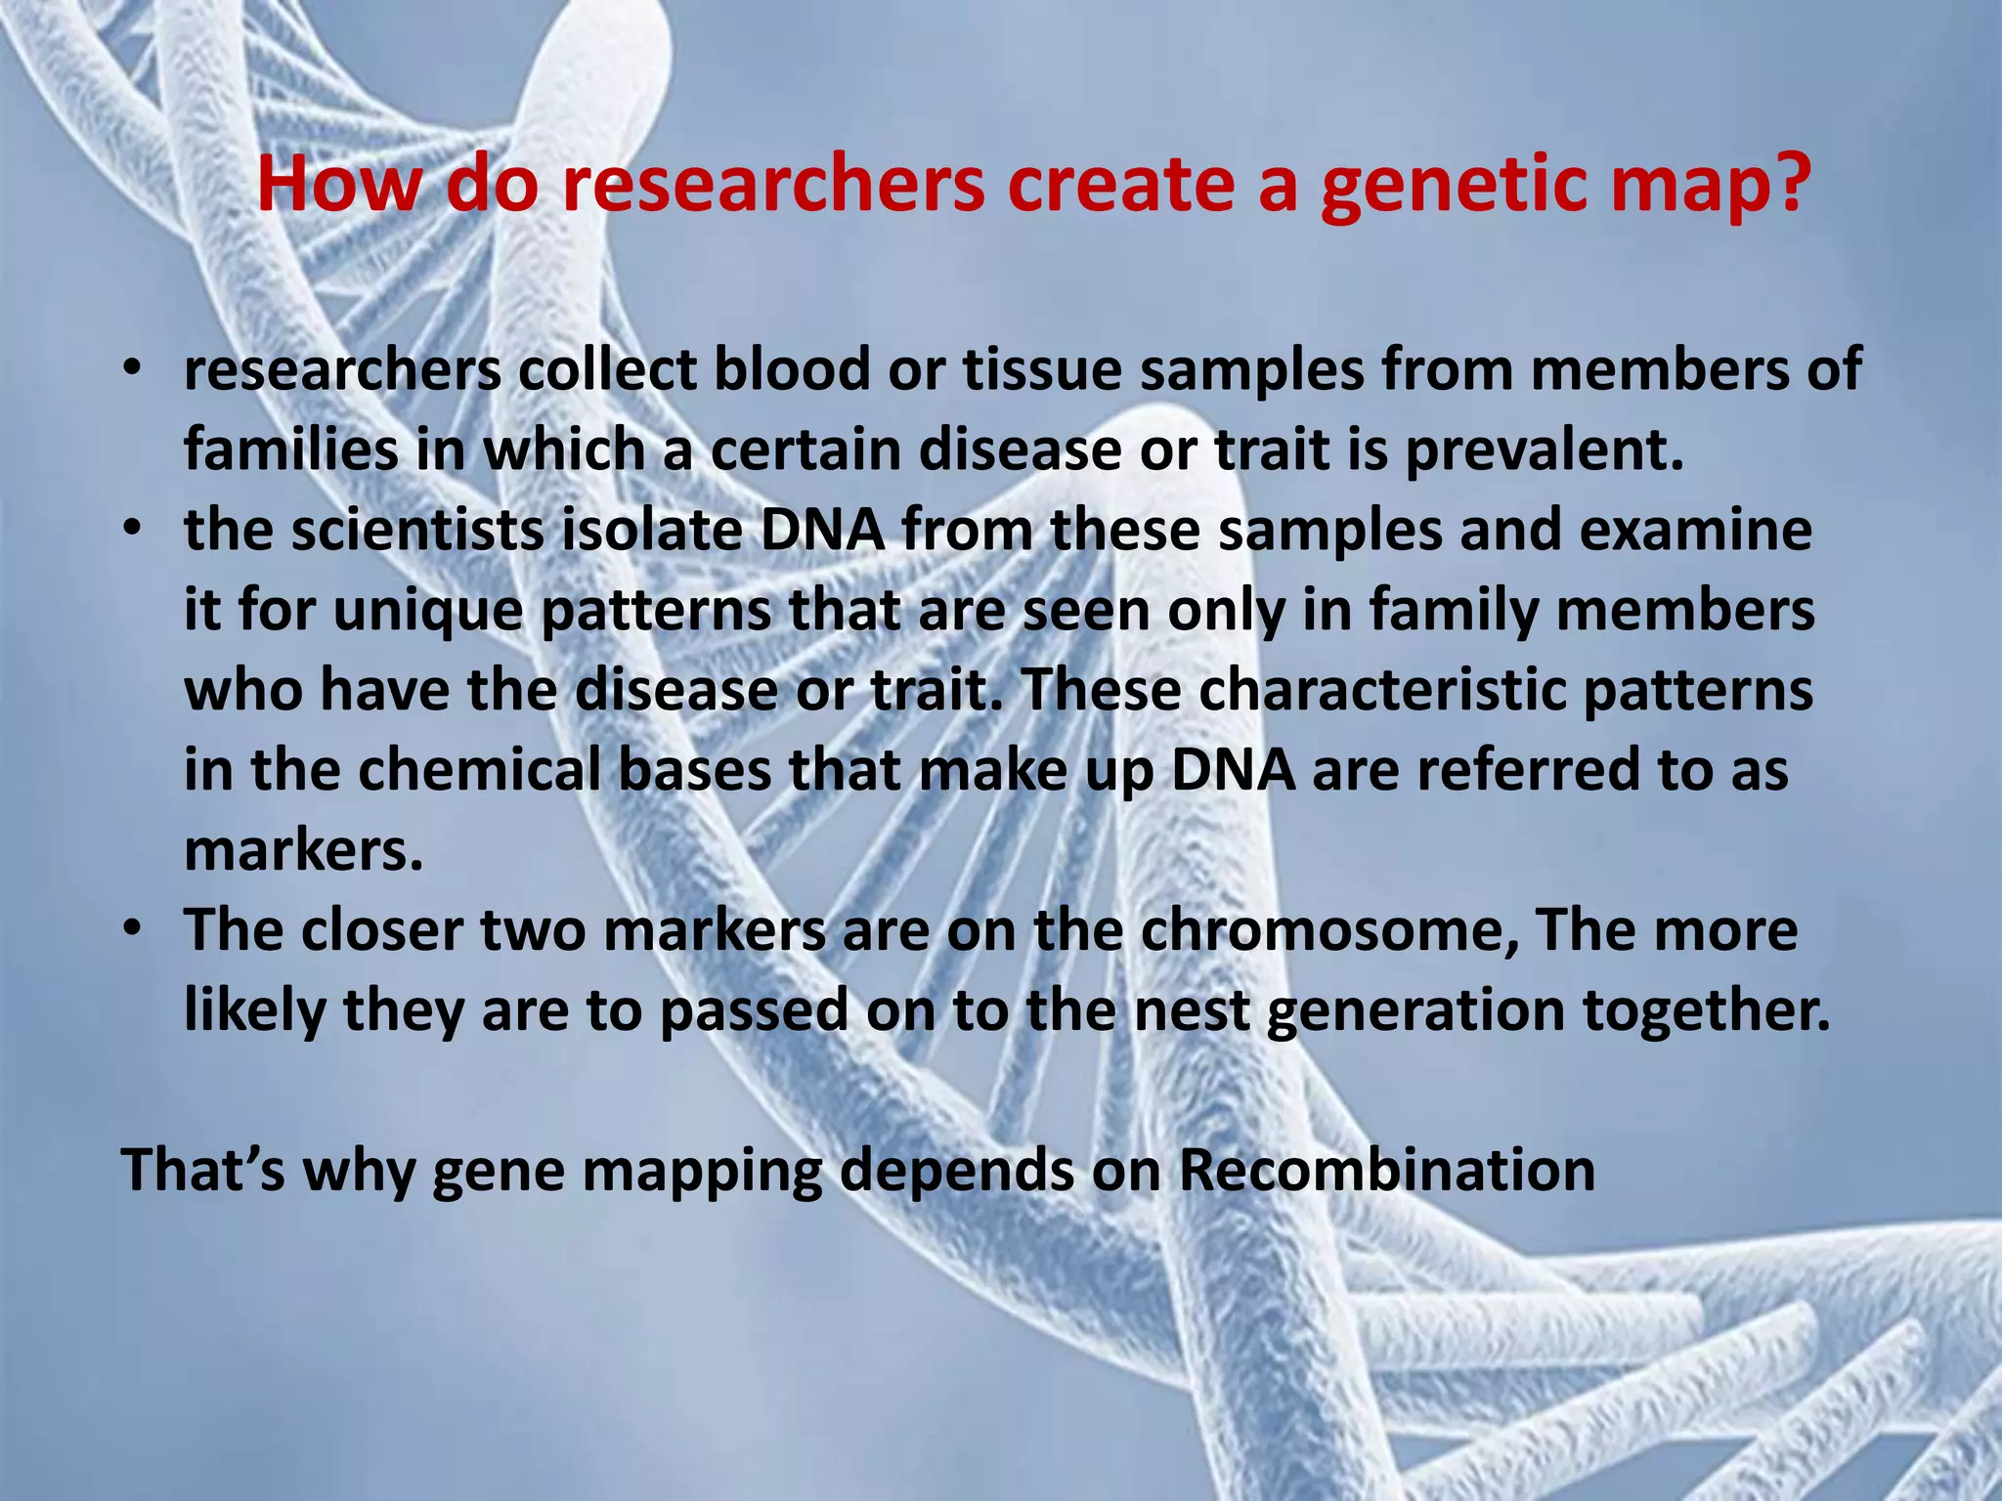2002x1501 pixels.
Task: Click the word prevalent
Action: pos(1545,451)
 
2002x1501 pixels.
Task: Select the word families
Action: pos(290,451)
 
